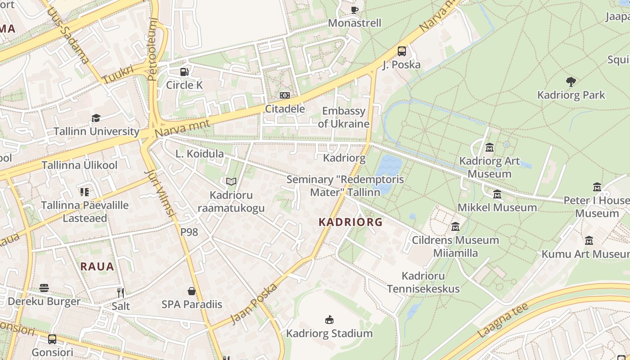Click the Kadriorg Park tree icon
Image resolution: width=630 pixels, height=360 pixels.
click(571, 81)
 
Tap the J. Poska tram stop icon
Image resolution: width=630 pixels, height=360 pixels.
click(401, 51)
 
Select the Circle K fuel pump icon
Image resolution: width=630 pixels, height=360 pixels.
click(184, 72)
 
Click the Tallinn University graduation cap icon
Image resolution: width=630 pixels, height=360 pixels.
click(96, 118)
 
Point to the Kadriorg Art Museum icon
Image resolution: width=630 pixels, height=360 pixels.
click(489, 147)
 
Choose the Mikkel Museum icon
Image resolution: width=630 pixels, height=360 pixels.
click(497, 194)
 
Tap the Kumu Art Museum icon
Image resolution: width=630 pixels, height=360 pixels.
click(589, 240)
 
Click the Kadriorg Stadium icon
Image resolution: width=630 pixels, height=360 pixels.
click(329, 319)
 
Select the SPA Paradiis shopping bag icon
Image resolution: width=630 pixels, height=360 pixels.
click(192, 291)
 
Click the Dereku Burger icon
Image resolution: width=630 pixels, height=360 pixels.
click(44, 288)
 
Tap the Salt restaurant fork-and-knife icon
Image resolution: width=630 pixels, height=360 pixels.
click(120, 293)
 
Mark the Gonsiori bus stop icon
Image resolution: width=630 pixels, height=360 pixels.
click(52, 339)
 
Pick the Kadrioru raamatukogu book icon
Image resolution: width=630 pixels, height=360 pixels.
click(231, 181)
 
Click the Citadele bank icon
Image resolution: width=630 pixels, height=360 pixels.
click(284, 95)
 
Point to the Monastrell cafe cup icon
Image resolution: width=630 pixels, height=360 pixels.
click(354, 10)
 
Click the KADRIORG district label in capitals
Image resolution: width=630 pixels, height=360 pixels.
click(351, 222)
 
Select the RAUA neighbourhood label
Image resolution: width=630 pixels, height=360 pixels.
click(97, 266)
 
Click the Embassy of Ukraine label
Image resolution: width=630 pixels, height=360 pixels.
click(344, 117)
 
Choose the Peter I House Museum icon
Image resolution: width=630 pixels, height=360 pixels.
click(597, 187)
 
